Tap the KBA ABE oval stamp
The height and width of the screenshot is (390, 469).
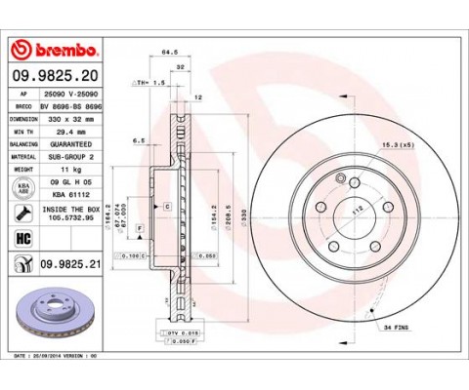tap(21, 186)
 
